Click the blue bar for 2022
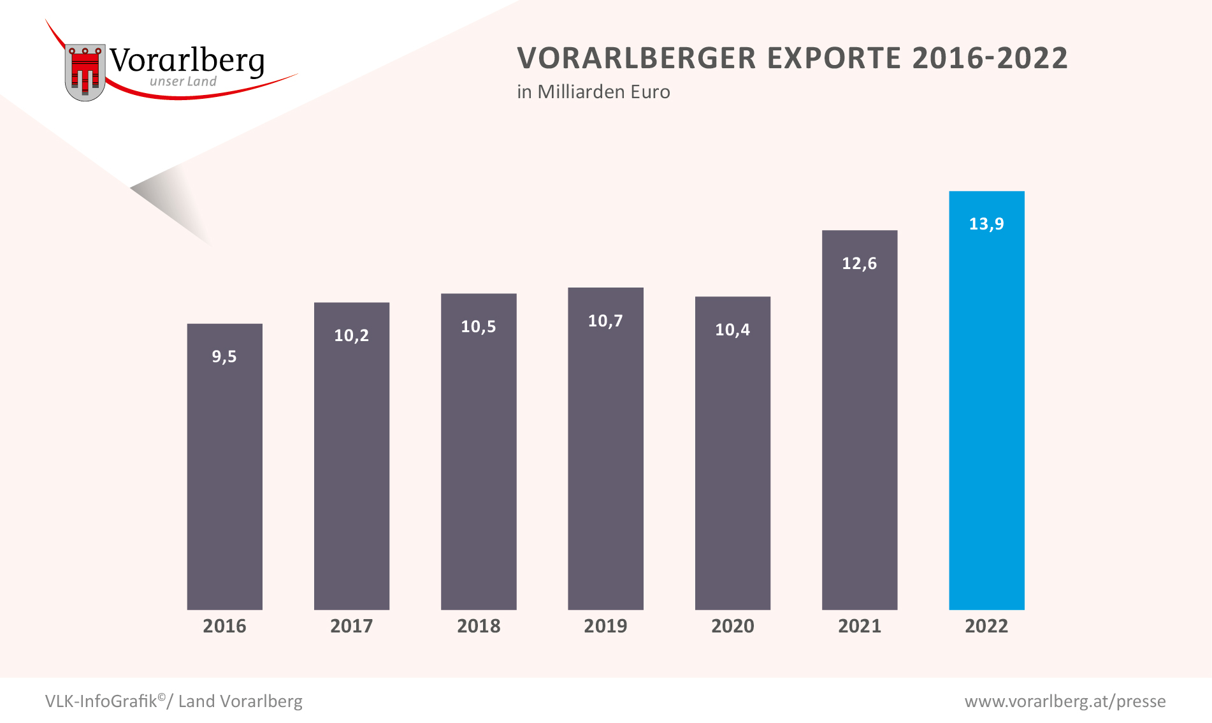986,414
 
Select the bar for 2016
224,472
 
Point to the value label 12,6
859,263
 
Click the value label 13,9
986,224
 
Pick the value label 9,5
224,356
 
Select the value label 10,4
732,330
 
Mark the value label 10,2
351,335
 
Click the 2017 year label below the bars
351,626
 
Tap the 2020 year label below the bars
732,626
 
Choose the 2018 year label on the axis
479,626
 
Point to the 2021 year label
859,626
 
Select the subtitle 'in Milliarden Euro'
593,92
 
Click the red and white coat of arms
85,72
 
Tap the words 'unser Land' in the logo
183,82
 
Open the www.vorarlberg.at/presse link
1065,701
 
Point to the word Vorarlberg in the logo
187,61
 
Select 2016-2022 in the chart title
990,58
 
